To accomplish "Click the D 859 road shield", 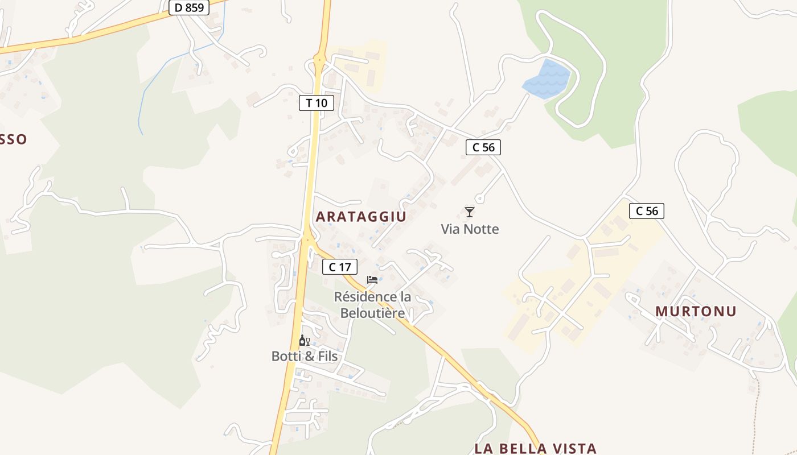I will coord(190,7).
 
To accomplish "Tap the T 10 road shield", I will coord(316,103).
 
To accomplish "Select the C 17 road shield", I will coord(340,267).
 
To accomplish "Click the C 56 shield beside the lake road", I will coord(483,147).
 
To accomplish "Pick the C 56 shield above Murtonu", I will coord(647,211).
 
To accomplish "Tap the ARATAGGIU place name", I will coord(361,217).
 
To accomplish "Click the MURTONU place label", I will coord(696,311).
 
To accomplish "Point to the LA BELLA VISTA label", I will coord(535,448).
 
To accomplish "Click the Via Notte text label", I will coord(470,229).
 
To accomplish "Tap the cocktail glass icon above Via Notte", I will coord(470,212).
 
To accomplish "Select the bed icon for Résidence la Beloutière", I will coord(372,279).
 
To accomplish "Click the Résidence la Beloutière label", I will coord(372,305).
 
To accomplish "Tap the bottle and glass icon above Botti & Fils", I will coord(305,341).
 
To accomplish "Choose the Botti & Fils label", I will coord(305,357).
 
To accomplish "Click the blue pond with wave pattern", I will coord(546,79).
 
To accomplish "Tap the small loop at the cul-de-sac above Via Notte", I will coord(479,199).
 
